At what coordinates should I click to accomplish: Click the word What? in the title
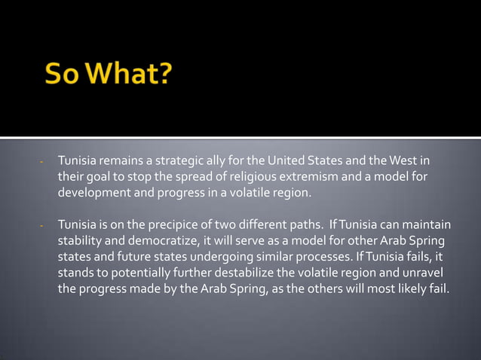[x=128, y=77]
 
